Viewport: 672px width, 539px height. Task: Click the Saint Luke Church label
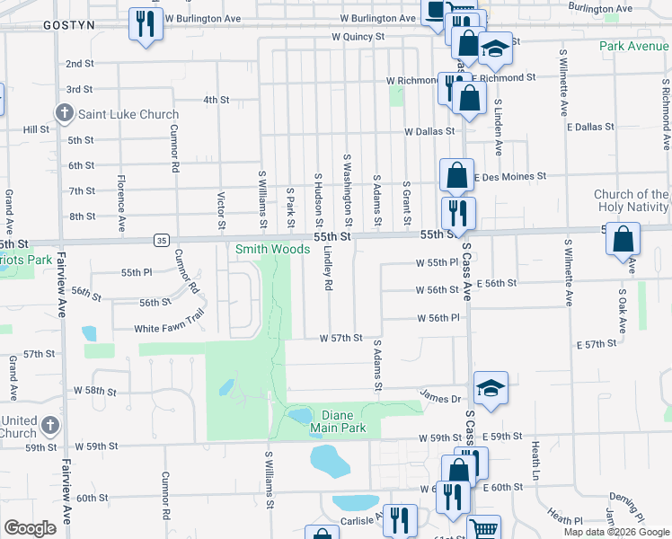click(128, 114)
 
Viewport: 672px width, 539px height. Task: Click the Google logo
click(30, 528)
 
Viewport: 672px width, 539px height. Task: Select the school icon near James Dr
click(491, 387)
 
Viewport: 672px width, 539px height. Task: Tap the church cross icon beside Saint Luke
click(64, 114)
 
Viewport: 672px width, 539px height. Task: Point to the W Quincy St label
click(358, 38)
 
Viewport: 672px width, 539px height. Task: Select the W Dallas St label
click(431, 131)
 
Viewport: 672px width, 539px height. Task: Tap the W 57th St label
click(340, 339)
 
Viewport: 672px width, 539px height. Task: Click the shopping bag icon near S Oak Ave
click(623, 240)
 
